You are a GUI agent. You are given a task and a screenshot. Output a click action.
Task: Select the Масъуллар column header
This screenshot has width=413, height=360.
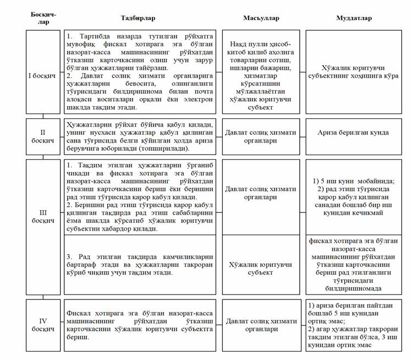[x=261, y=18]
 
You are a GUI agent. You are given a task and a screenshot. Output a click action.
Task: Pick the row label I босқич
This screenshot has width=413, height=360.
[x=43, y=72]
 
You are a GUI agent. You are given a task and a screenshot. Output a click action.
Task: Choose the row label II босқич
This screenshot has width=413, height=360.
[x=43, y=137]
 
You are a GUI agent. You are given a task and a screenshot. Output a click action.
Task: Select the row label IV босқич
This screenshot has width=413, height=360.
[x=43, y=325]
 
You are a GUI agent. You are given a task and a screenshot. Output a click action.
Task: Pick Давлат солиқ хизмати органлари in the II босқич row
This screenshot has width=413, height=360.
[x=261, y=137]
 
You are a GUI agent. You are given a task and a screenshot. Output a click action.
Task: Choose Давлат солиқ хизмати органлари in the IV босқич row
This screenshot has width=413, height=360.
[x=261, y=325]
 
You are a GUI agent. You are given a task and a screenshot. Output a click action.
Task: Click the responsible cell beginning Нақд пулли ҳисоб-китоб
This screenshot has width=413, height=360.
[x=261, y=72]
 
